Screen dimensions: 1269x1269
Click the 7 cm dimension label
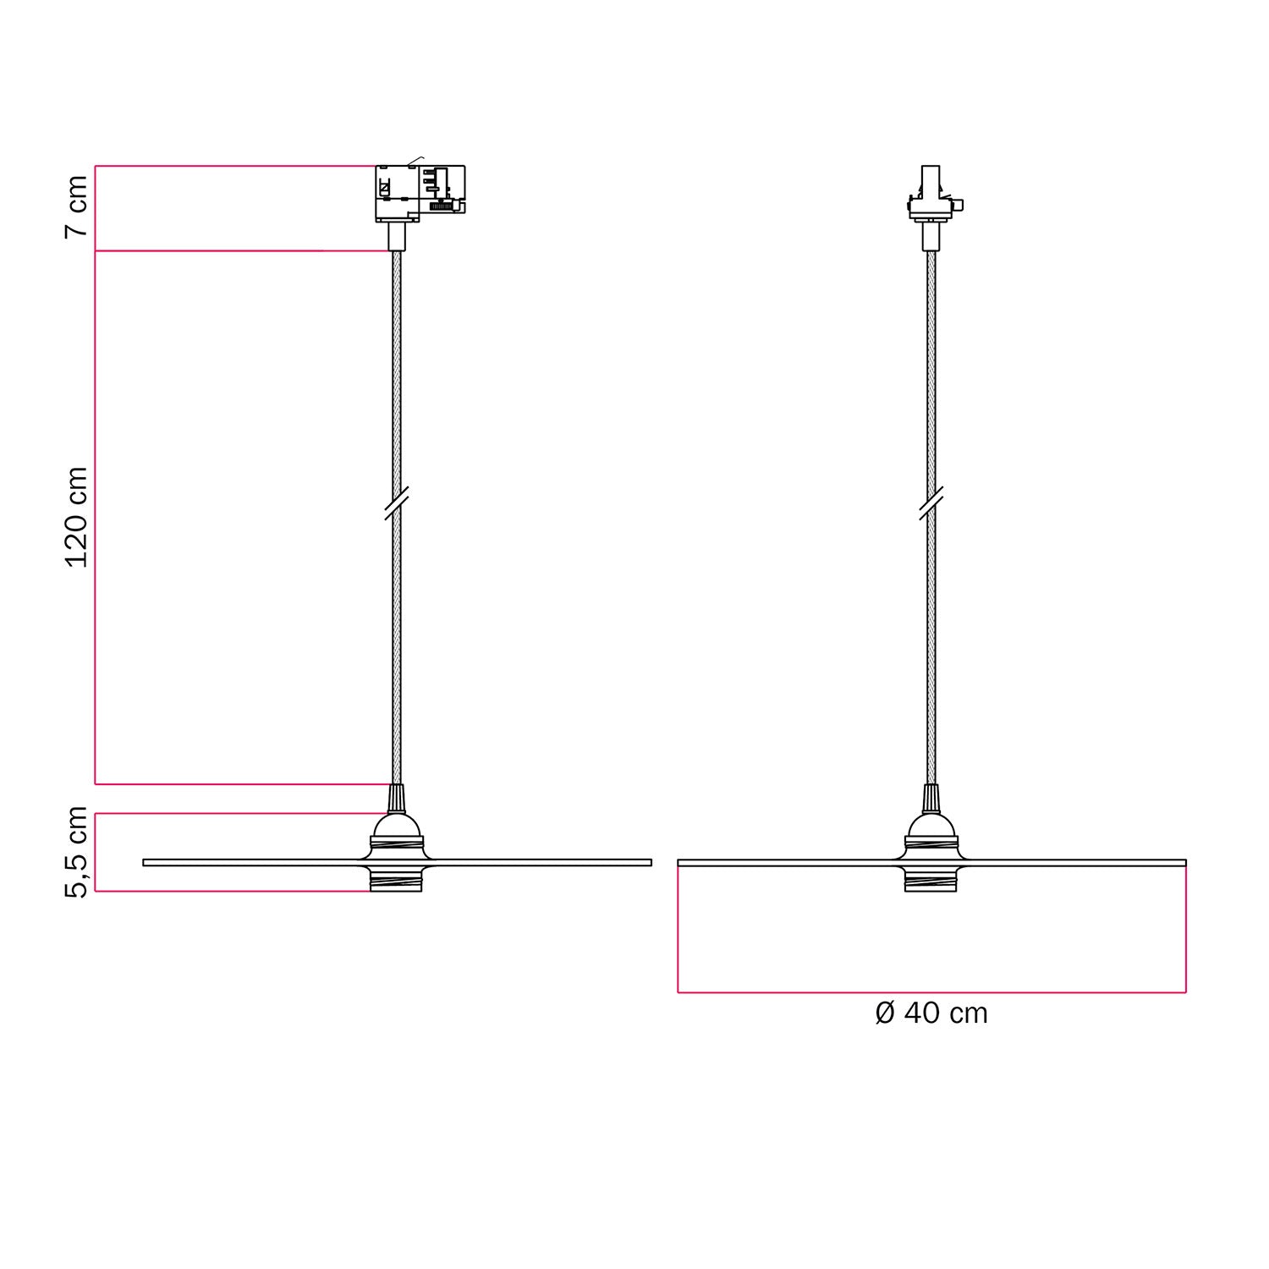[x=76, y=207]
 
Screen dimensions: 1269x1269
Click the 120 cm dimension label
[x=76, y=517]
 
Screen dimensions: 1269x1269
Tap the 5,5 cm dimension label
[x=76, y=852]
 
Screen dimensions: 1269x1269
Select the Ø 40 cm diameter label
[x=931, y=1013]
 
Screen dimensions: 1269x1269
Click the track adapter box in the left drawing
[x=420, y=192]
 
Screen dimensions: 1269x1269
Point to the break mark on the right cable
[x=931, y=503]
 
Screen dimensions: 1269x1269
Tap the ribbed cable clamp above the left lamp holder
[x=396, y=799]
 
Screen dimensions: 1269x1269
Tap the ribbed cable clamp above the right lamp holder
[x=931, y=799]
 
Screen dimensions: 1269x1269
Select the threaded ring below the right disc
[x=931, y=881]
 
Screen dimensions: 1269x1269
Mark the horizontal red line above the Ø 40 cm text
[x=931, y=992]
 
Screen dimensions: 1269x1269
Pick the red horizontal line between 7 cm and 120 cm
[x=237, y=250]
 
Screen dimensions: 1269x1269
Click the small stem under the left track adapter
[x=397, y=236]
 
